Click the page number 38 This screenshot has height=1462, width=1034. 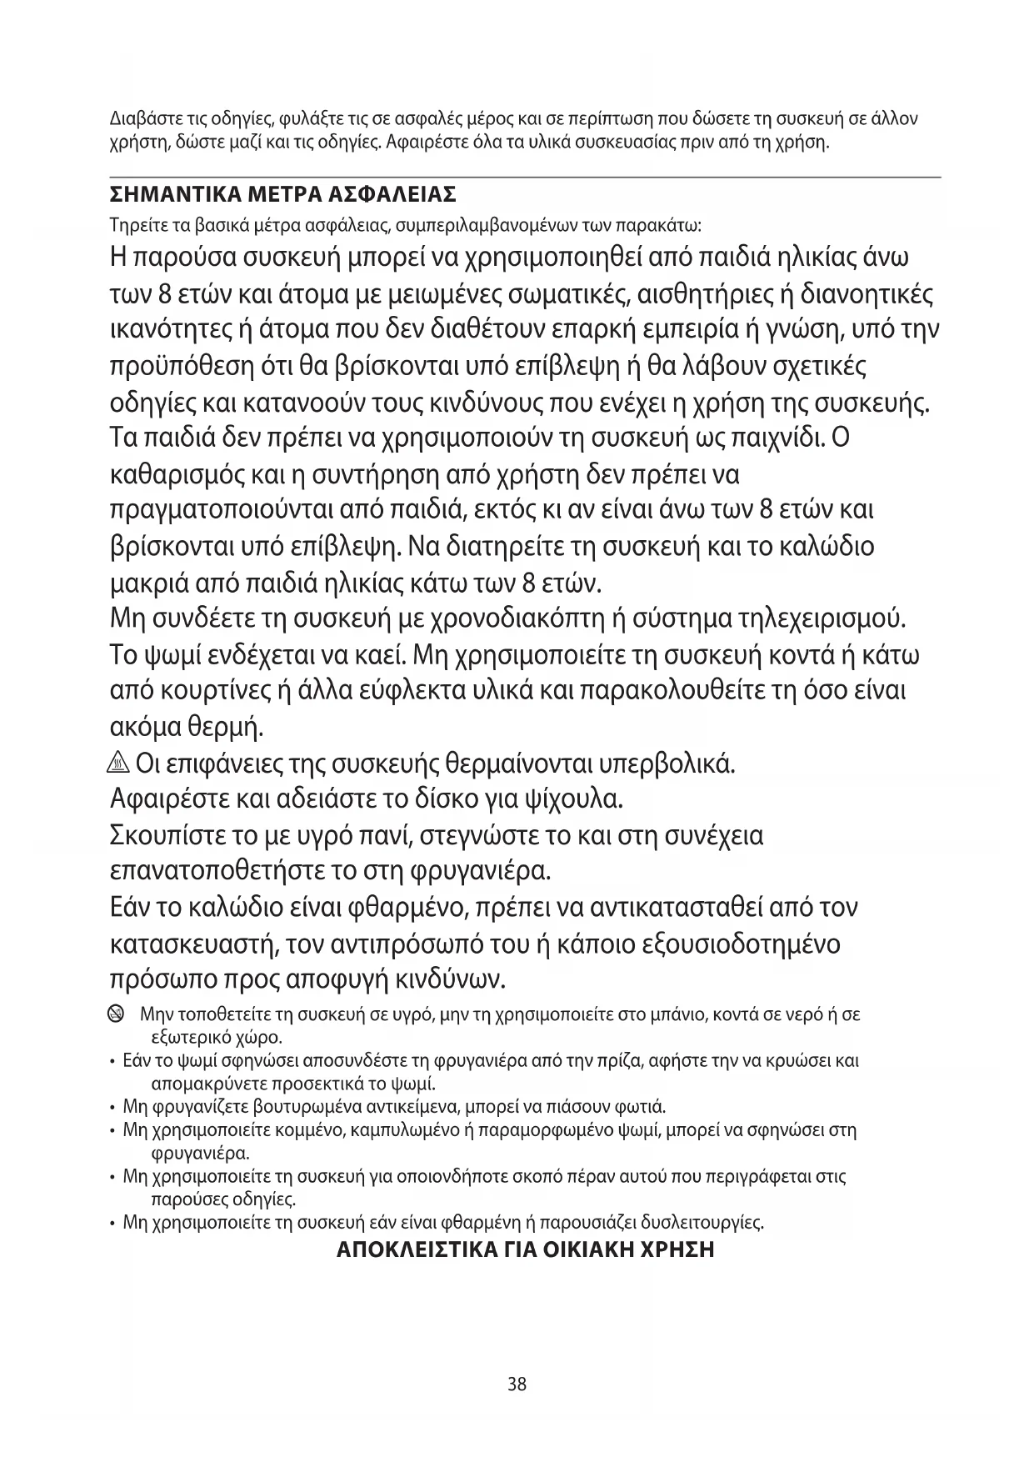(517, 1384)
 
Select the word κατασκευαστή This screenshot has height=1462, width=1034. (193, 945)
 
